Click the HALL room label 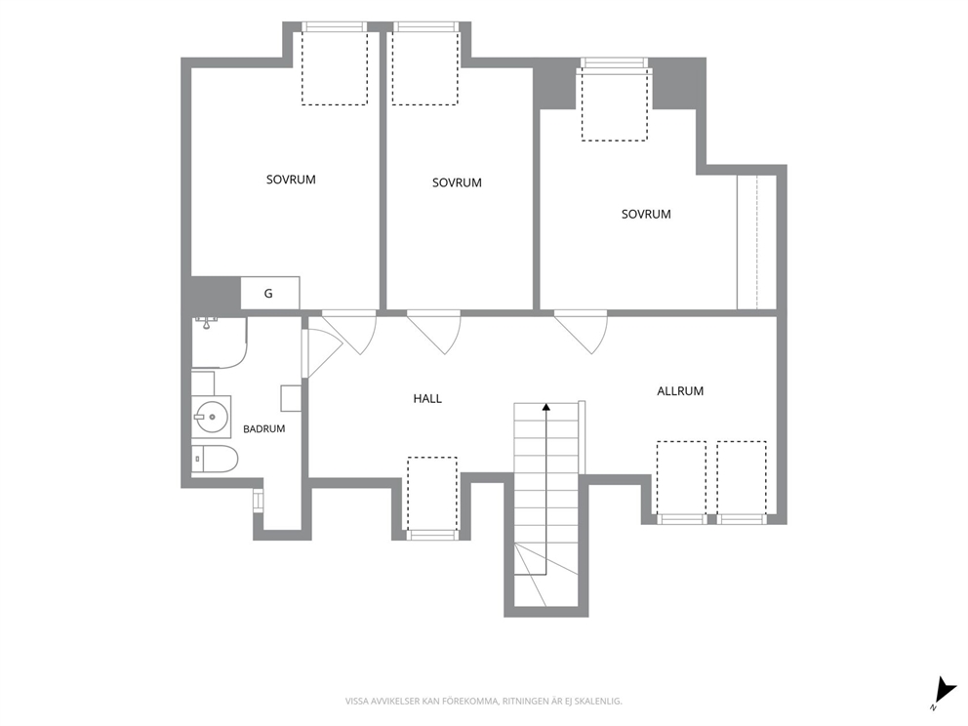click(x=427, y=399)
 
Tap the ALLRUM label click(x=680, y=390)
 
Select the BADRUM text click(x=263, y=428)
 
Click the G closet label click(x=268, y=294)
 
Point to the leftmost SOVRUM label click(x=291, y=180)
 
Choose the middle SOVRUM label click(x=457, y=182)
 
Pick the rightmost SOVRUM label click(x=646, y=215)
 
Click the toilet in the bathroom click(x=215, y=459)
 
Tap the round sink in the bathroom click(x=211, y=417)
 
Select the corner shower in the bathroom click(x=220, y=343)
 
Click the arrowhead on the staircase click(x=546, y=407)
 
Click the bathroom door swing click(x=323, y=353)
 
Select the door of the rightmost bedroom click(x=581, y=334)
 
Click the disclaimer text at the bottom click(x=483, y=702)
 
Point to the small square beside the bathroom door click(x=292, y=398)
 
